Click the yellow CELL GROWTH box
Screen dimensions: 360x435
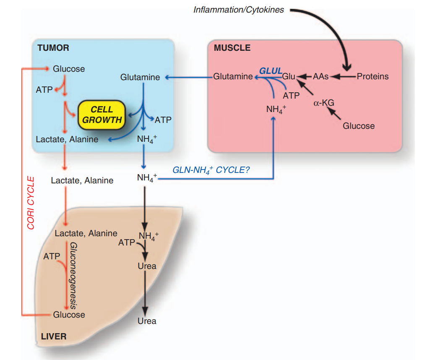pos(102,115)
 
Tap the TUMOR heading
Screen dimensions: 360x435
pos(53,48)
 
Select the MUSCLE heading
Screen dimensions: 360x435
pos(232,48)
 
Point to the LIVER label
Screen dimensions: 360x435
pos(54,337)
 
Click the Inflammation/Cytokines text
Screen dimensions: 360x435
pos(238,10)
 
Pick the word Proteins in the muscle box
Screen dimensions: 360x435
pos(372,76)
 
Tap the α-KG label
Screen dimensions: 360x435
pos(324,103)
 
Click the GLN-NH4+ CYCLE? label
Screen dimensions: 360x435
pos(211,171)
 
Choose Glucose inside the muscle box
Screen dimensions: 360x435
pos(359,125)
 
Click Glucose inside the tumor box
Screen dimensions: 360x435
pos(69,69)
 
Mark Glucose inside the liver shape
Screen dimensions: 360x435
pos(69,315)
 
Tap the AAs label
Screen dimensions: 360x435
pos(320,76)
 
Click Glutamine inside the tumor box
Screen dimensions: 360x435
pos(140,77)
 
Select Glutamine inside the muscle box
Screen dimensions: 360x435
pos(233,76)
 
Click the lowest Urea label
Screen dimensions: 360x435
pos(147,321)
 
